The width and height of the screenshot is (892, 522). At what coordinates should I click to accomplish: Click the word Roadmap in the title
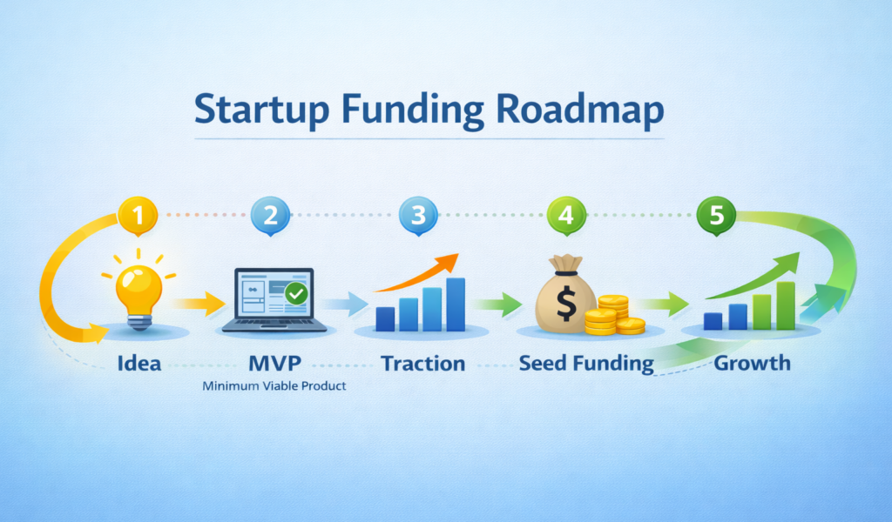(x=580, y=110)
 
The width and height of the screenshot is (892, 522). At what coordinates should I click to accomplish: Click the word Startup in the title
(x=261, y=110)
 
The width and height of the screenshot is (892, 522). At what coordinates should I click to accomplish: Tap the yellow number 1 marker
(x=138, y=215)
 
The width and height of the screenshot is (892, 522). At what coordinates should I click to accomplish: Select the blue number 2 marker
(x=270, y=215)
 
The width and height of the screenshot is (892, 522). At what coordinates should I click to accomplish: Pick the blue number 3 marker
(x=419, y=215)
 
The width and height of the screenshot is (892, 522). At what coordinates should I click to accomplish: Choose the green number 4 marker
(x=566, y=215)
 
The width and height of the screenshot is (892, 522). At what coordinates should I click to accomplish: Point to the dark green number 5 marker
(x=716, y=215)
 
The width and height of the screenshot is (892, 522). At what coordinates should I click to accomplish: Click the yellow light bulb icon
(x=139, y=290)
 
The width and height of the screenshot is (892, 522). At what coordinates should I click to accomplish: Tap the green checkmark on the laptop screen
(x=296, y=293)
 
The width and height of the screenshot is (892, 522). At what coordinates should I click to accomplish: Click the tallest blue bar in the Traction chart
(x=456, y=304)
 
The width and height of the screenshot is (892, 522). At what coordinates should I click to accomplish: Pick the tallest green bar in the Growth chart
(x=786, y=305)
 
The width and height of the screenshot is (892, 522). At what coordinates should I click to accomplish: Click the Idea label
(x=139, y=363)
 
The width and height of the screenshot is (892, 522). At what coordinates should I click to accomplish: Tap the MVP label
(x=274, y=363)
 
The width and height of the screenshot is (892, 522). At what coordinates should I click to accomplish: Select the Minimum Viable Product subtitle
(x=274, y=386)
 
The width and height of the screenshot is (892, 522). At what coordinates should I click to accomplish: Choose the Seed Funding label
(x=586, y=364)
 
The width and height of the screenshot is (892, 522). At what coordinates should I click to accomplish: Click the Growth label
(x=752, y=363)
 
